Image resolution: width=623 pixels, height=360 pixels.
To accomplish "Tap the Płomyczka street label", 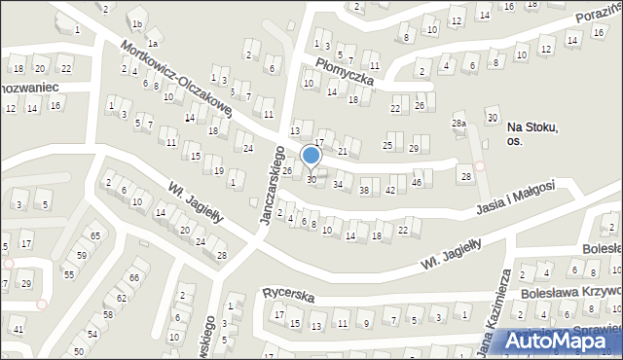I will (338, 71).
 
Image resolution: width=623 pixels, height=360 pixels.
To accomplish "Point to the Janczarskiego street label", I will (270, 185).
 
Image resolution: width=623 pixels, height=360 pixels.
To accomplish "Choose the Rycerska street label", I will (284, 292).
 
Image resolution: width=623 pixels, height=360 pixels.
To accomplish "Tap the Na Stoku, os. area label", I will (530, 134).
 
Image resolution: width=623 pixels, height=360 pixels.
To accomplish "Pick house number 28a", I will (458, 124).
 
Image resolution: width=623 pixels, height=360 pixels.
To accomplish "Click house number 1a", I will (153, 44).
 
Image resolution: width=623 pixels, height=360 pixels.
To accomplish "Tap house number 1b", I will (138, 24).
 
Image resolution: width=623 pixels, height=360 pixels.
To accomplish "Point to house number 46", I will (417, 183).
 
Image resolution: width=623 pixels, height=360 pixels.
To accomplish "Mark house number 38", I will (364, 190).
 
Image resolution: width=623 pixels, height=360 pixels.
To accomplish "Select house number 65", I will (94, 236).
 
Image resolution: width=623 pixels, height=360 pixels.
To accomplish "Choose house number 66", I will (134, 278).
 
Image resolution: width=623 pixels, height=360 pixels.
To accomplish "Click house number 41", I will (19, 330).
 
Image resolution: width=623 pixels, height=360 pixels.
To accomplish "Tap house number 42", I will (390, 190).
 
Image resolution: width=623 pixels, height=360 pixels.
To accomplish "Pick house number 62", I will (122, 298).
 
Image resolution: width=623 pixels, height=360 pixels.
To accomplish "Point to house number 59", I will (82, 256).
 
